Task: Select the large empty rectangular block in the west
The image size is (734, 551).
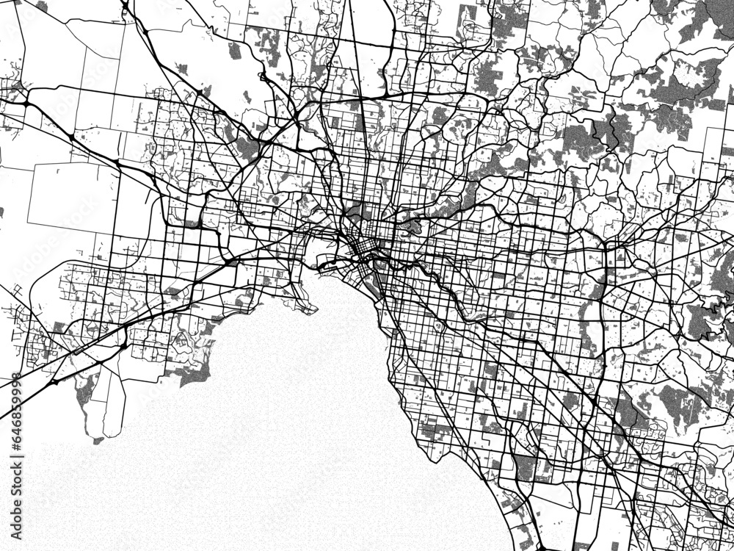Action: pyautogui.click(x=70, y=193)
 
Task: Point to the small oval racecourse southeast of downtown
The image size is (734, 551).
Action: pyautogui.click(x=438, y=323)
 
